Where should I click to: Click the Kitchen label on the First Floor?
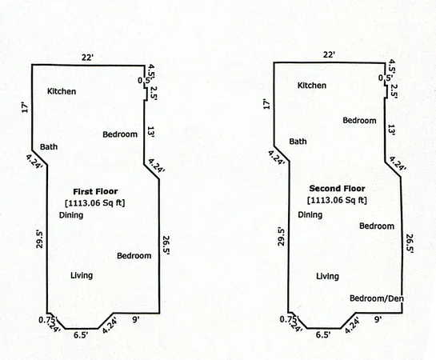[x=62, y=91]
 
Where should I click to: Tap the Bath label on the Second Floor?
[x=298, y=142]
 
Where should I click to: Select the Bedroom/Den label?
[x=377, y=298]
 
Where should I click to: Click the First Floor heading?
[x=95, y=191]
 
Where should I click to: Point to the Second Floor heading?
[x=337, y=189]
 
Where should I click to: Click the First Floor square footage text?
[x=95, y=203]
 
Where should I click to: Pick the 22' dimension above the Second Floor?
[x=329, y=54]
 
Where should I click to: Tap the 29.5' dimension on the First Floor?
[x=40, y=238]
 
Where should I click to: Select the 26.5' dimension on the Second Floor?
[x=410, y=244]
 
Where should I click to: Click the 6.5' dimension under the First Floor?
[x=81, y=335]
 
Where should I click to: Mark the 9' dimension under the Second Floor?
[x=378, y=320]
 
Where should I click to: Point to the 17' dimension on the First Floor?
[x=25, y=108]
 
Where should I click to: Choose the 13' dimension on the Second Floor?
[x=391, y=130]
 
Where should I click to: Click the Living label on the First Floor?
[x=82, y=275]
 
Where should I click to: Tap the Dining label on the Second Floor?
[x=310, y=215]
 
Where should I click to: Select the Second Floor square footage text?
[x=337, y=200]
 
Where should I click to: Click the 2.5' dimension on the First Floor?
[x=154, y=93]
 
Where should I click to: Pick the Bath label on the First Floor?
[x=49, y=146]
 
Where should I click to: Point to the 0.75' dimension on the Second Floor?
[x=289, y=320]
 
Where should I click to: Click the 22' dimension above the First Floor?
[x=87, y=58]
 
